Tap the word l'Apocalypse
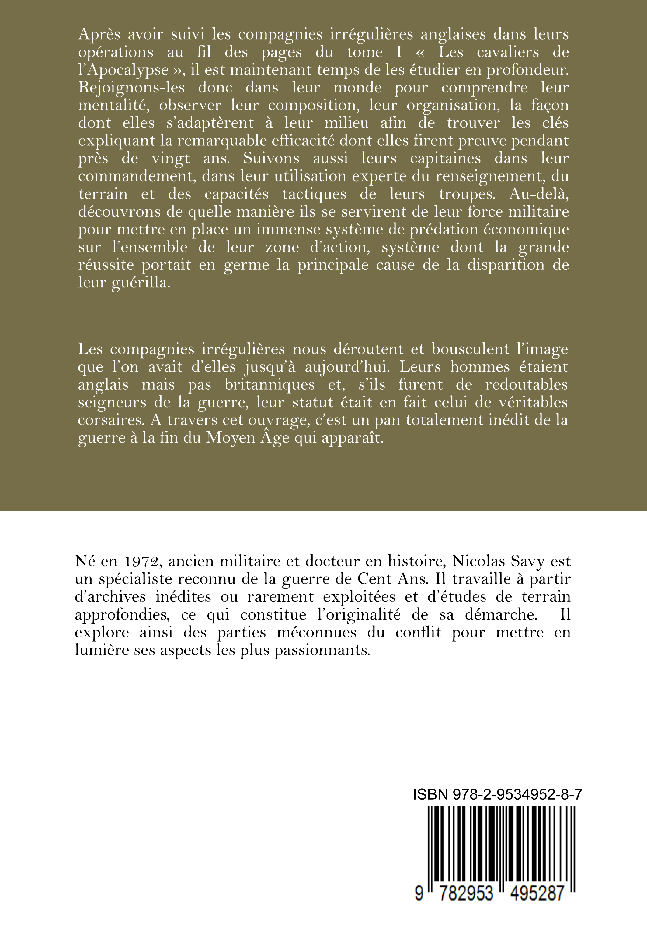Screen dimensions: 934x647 click(123, 70)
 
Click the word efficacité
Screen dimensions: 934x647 click(295, 141)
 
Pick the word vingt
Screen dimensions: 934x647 click(171, 158)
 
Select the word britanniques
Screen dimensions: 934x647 click(270, 384)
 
